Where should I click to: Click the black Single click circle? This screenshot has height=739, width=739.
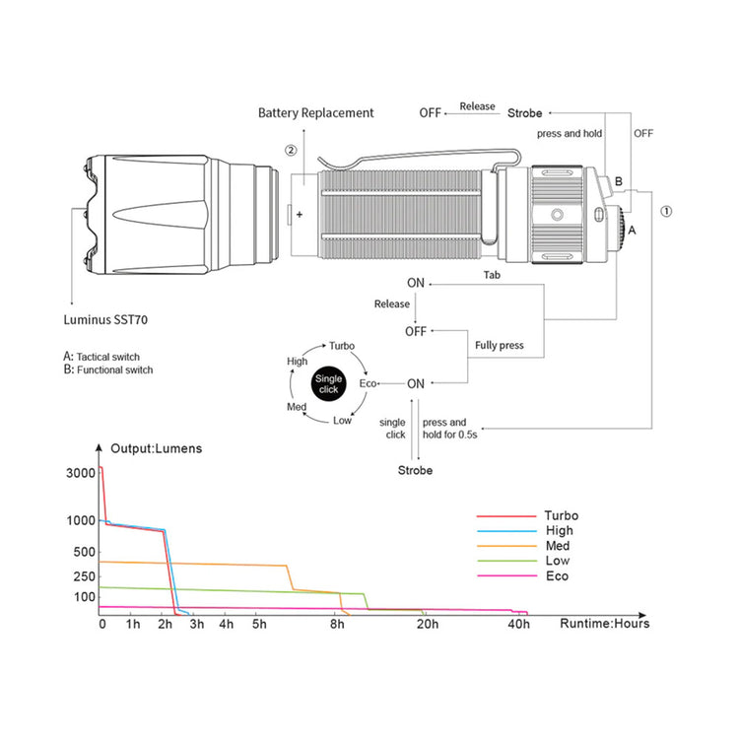coord(328,383)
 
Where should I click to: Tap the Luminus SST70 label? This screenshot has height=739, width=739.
coord(105,320)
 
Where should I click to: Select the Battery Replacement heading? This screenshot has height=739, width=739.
coord(315,113)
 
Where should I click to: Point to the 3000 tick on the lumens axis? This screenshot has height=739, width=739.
coord(81,473)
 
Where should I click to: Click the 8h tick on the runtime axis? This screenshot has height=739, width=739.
coord(337,625)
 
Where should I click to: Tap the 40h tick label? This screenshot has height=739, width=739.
coord(518,625)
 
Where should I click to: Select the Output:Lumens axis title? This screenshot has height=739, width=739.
coord(156,448)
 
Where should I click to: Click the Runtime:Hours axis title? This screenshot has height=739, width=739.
coord(605,624)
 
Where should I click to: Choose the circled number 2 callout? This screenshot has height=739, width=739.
coord(291,151)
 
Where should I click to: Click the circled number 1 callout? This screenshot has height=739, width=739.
coord(666,211)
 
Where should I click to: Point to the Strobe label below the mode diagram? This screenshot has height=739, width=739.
coord(415,470)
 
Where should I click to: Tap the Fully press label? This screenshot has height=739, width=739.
coord(500,346)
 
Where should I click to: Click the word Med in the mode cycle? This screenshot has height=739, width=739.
coord(297,407)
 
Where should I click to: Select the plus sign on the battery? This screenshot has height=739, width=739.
coord(300,215)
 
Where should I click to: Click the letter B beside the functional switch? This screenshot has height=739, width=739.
coord(619,181)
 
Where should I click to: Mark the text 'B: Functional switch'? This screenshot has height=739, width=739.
coord(108,369)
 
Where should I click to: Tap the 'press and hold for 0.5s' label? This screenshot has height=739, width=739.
coord(449,429)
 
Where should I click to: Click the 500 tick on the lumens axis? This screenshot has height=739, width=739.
coord(85,552)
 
